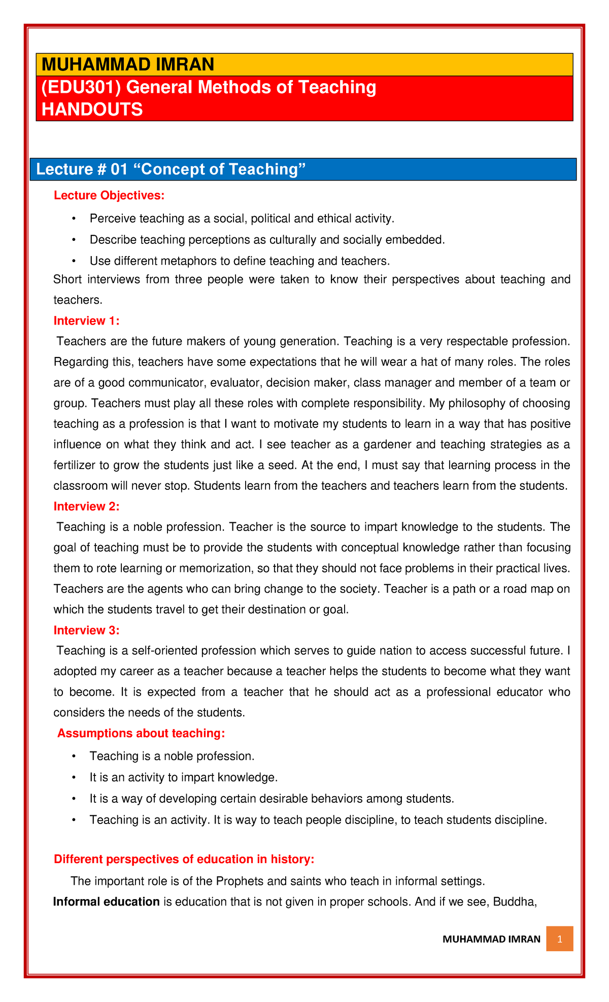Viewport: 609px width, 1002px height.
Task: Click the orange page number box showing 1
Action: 559,939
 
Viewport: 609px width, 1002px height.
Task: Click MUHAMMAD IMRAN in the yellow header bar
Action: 128,65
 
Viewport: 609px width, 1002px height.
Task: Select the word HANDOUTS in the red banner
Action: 92,109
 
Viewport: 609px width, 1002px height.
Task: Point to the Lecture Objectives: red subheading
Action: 109,195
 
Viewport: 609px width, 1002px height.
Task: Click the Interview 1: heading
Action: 86,320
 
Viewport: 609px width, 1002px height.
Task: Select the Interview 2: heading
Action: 86,506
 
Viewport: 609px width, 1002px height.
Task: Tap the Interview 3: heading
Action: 86,630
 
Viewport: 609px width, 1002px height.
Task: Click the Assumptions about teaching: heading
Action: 141,733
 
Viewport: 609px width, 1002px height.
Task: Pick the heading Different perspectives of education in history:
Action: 184,859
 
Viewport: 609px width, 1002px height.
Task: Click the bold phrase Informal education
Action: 107,902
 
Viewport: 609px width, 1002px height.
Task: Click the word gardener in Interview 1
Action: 380,445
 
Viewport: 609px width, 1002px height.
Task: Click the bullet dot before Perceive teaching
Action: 74,219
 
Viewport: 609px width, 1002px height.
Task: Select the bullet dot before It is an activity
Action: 74,777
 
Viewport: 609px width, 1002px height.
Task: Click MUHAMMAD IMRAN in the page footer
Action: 491,939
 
